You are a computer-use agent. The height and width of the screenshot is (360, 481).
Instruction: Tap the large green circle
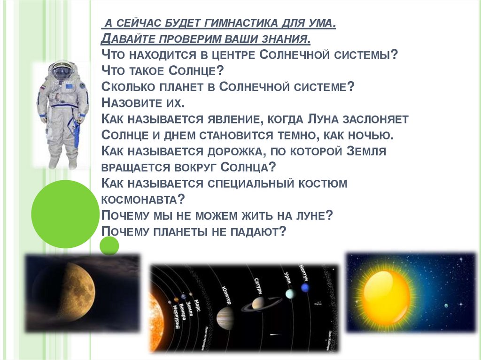[x=65, y=214]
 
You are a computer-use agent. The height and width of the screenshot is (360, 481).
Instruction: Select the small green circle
[x=109, y=245]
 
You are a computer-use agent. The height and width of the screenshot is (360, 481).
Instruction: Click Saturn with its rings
[x=258, y=304]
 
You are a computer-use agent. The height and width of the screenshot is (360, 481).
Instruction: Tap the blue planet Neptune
[x=305, y=288]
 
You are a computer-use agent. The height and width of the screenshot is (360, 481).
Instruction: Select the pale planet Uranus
[x=289, y=293]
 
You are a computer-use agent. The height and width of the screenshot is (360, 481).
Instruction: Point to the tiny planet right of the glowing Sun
[x=446, y=306]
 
